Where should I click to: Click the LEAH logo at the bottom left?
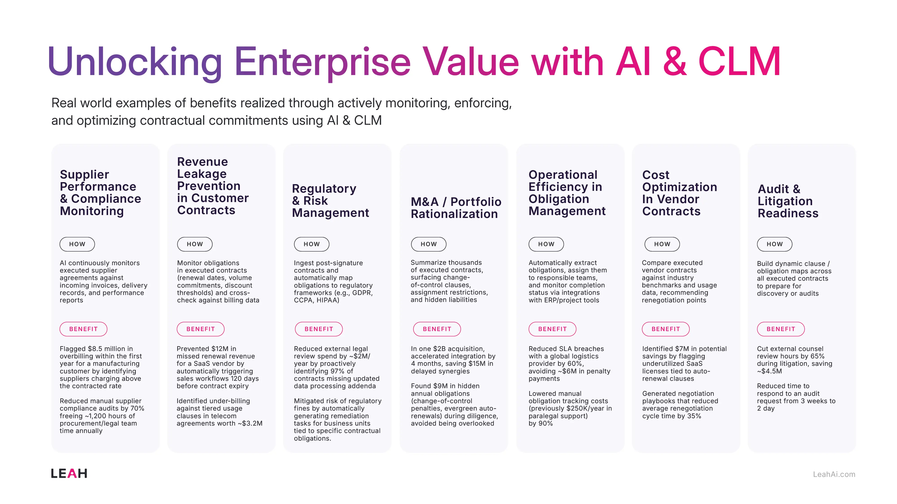tap(69, 473)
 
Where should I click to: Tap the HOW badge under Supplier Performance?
tap(77, 244)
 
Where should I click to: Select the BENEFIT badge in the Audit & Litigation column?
tap(780, 329)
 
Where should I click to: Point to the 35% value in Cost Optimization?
tap(694, 416)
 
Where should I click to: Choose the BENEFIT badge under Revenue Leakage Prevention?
tap(200, 329)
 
